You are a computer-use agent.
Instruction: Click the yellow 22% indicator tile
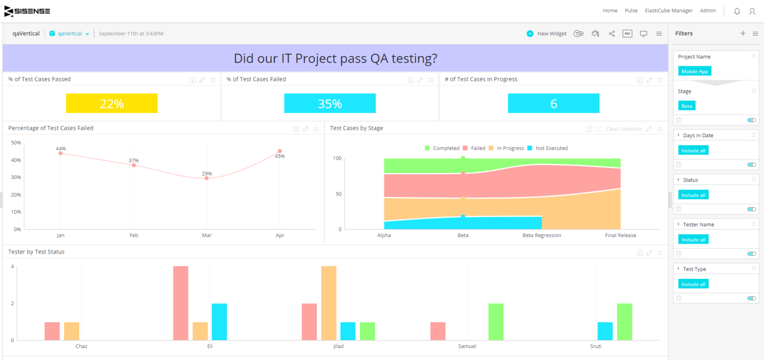tap(111, 103)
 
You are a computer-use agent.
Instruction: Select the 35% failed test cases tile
tap(330, 103)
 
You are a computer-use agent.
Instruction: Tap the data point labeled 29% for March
tap(206, 178)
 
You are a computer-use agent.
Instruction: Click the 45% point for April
tap(280, 151)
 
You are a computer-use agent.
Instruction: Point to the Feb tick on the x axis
tap(133, 235)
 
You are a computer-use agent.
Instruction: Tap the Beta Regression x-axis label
tap(541, 235)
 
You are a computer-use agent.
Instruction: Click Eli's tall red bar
tap(181, 303)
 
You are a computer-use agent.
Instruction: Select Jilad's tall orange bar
tap(329, 303)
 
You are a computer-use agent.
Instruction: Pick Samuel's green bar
tap(496, 322)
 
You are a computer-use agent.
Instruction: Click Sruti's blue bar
tap(605, 331)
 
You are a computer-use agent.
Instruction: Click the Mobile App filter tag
tap(694, 71)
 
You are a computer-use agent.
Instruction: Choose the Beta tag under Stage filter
tap(686, 106)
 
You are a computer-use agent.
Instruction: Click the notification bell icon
tap(737, 11)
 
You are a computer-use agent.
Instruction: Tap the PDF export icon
tap(627, 33)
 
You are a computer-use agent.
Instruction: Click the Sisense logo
tap(27, 11)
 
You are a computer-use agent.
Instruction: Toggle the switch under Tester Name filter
tap(751, 254)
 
